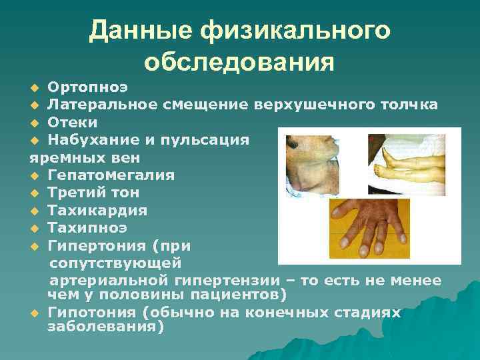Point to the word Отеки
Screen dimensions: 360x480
click(73, 123)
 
